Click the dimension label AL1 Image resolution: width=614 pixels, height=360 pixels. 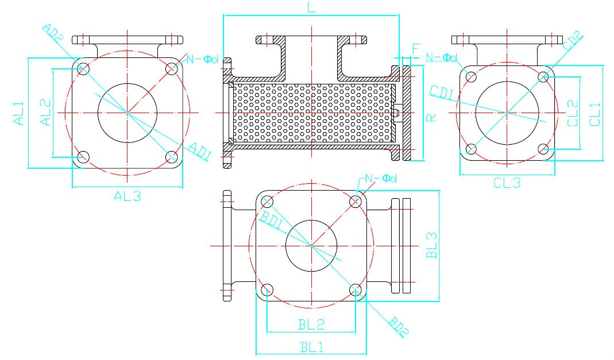[19, 113]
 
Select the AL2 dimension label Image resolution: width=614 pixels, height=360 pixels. [45, 113]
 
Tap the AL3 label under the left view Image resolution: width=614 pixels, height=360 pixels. [127, 196]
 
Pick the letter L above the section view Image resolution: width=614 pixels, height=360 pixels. [311, 7]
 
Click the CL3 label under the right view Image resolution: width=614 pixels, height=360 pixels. [507, 183]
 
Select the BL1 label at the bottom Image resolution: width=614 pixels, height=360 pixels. [311, 347]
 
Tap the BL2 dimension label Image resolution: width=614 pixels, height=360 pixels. [311, 324]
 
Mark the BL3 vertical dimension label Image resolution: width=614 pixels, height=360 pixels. [432, 245]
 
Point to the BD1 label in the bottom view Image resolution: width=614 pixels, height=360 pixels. [272, 220]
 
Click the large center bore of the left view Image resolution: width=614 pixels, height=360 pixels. [128, 112]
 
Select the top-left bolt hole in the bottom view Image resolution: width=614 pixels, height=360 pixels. [267, 201]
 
